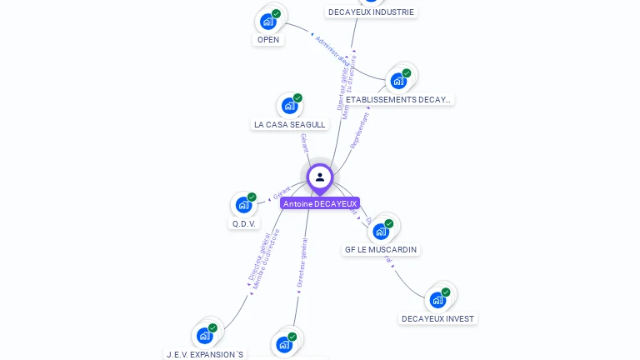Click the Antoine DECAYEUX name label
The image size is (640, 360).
(320, 203)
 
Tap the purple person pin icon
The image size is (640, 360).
(320, 177)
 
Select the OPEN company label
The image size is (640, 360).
(268, 39)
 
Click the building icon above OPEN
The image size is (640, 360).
(268, 21)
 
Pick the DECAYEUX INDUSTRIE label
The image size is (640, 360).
(371, 12)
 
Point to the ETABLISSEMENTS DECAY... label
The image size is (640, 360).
(398, 99)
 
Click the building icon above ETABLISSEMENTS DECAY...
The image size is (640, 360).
(398, 81)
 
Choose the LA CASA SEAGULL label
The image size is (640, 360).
(289, 124)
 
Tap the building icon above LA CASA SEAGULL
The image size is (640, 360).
(289, 106)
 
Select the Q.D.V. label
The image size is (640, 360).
(244, 223)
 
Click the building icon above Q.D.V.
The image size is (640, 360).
(244, 204)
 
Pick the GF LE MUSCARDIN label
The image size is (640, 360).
(382, 249)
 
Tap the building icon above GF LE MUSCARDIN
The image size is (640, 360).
(382, 231)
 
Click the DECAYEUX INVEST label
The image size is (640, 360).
(437, 318)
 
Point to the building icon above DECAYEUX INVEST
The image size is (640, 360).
(437, 300)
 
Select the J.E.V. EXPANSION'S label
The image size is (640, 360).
(205, 354)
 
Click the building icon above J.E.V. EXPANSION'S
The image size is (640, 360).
(205, 335)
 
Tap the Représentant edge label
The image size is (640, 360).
(360, 132)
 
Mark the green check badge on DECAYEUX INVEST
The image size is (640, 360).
(446, 292)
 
